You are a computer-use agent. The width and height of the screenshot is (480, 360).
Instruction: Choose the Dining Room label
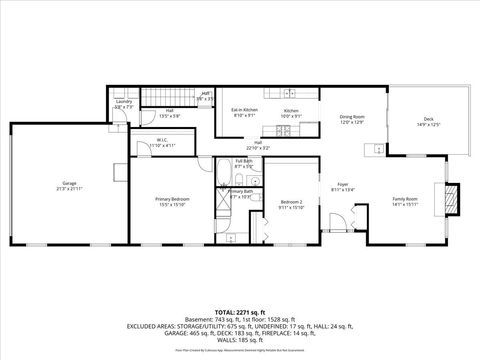point(353,117)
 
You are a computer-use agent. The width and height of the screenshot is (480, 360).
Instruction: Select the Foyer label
point(342,186)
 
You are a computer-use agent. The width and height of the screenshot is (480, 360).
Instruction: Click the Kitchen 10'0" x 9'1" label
point(291,112)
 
